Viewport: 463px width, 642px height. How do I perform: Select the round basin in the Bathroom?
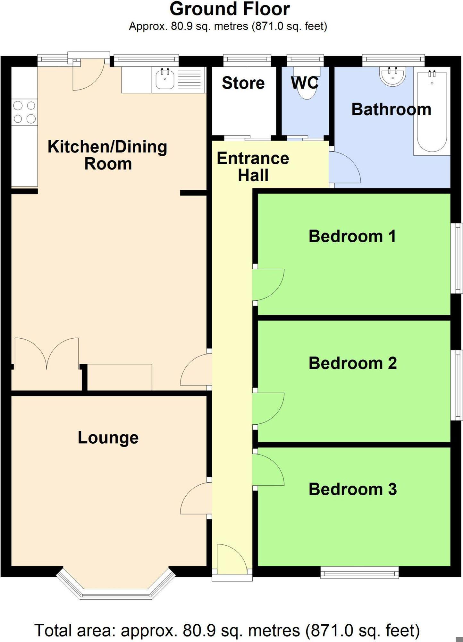point(392,76)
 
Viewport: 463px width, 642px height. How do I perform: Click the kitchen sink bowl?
point(165,79)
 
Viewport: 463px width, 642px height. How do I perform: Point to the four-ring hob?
point(24,112)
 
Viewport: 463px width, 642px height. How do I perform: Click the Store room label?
point(243,83)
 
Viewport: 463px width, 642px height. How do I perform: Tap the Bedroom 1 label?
point(352,236)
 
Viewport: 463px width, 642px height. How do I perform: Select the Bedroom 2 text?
point(352,363)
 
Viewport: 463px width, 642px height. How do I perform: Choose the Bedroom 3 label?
point(352,489)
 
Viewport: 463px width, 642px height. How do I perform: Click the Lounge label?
point(108,438)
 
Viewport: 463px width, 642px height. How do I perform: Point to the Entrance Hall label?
point(253,167)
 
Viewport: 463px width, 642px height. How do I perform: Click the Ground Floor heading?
point(230,9)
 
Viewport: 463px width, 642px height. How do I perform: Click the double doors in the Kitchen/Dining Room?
point(47,353)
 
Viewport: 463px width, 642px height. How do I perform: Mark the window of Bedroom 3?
point(359,572)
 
